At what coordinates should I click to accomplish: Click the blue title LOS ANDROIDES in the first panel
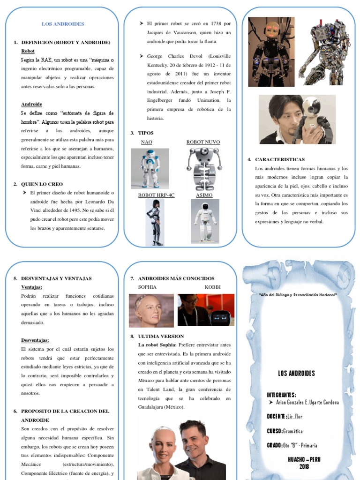point(63,24)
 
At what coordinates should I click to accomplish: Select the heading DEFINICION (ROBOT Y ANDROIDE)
point(66,42)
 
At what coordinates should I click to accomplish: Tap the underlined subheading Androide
point(31,104)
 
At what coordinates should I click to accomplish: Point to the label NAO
point(146,142)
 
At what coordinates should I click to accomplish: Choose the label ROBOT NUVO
point(203,142)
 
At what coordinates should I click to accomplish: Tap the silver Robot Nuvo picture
point(204,168)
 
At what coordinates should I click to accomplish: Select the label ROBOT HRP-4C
point(156,195)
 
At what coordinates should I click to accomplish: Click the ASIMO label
point(204,195)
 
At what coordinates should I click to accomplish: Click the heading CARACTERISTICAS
point(280,160)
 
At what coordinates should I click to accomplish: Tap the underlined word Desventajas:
point(35,340)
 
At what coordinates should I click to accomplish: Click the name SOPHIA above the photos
point(147,287)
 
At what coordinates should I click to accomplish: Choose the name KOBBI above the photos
point(212,287)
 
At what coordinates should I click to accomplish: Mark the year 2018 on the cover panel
point(304,466)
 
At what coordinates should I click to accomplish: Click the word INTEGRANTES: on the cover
point(281,395)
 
